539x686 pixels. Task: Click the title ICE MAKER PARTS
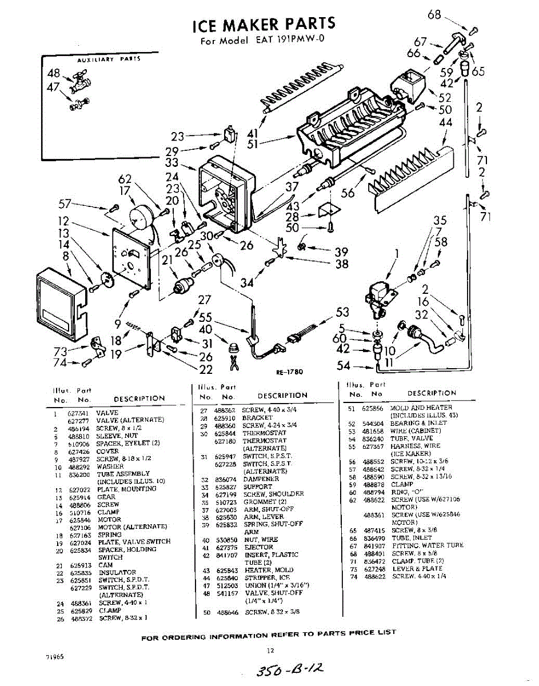point(263,25)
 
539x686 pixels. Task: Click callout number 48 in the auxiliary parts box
point(54,73)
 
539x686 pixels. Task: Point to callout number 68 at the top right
point(434,14)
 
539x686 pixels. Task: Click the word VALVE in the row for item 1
point(107,412)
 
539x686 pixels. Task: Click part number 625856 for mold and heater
point(373,408)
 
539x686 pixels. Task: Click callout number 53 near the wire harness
point(342,312)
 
